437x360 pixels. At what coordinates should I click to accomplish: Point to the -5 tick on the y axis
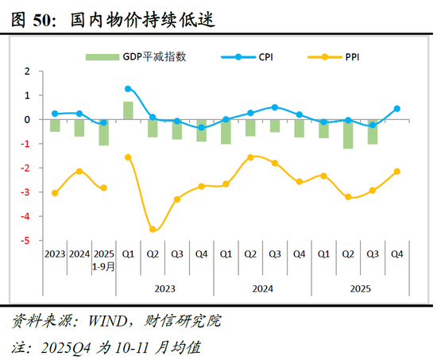27,241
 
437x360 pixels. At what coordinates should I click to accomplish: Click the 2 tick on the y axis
27,71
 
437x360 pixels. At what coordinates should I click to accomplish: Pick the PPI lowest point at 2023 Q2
153,230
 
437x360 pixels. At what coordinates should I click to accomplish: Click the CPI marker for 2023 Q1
128,89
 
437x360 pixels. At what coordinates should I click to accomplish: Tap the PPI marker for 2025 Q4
397,172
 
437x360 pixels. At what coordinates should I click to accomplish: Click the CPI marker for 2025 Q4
397,109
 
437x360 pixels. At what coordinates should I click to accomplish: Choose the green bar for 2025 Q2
348,134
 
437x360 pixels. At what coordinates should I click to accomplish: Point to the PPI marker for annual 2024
79,171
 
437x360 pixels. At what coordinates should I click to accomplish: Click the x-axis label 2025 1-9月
103,260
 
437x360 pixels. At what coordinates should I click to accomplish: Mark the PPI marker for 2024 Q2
250,157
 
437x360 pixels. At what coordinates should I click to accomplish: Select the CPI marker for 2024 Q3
275,107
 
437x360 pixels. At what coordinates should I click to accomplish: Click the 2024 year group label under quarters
263,290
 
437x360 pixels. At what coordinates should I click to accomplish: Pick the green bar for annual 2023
54,126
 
